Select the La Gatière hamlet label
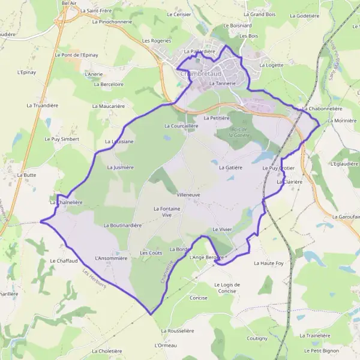click(230, 167)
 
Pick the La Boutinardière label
click(122, 226)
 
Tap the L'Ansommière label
click(112, 259)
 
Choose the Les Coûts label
click(151, 253)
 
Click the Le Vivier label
click(222, 230)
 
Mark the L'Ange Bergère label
click(206, 257)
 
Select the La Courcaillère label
click(181, 127)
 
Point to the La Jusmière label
click(119, 167)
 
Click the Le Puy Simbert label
click(62, 139)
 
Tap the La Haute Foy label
click(269, 263)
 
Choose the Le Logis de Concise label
click(227, 287)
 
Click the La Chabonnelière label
click(323, 109)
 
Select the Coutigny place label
click(257, 338)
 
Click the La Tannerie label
click(223, 83)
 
